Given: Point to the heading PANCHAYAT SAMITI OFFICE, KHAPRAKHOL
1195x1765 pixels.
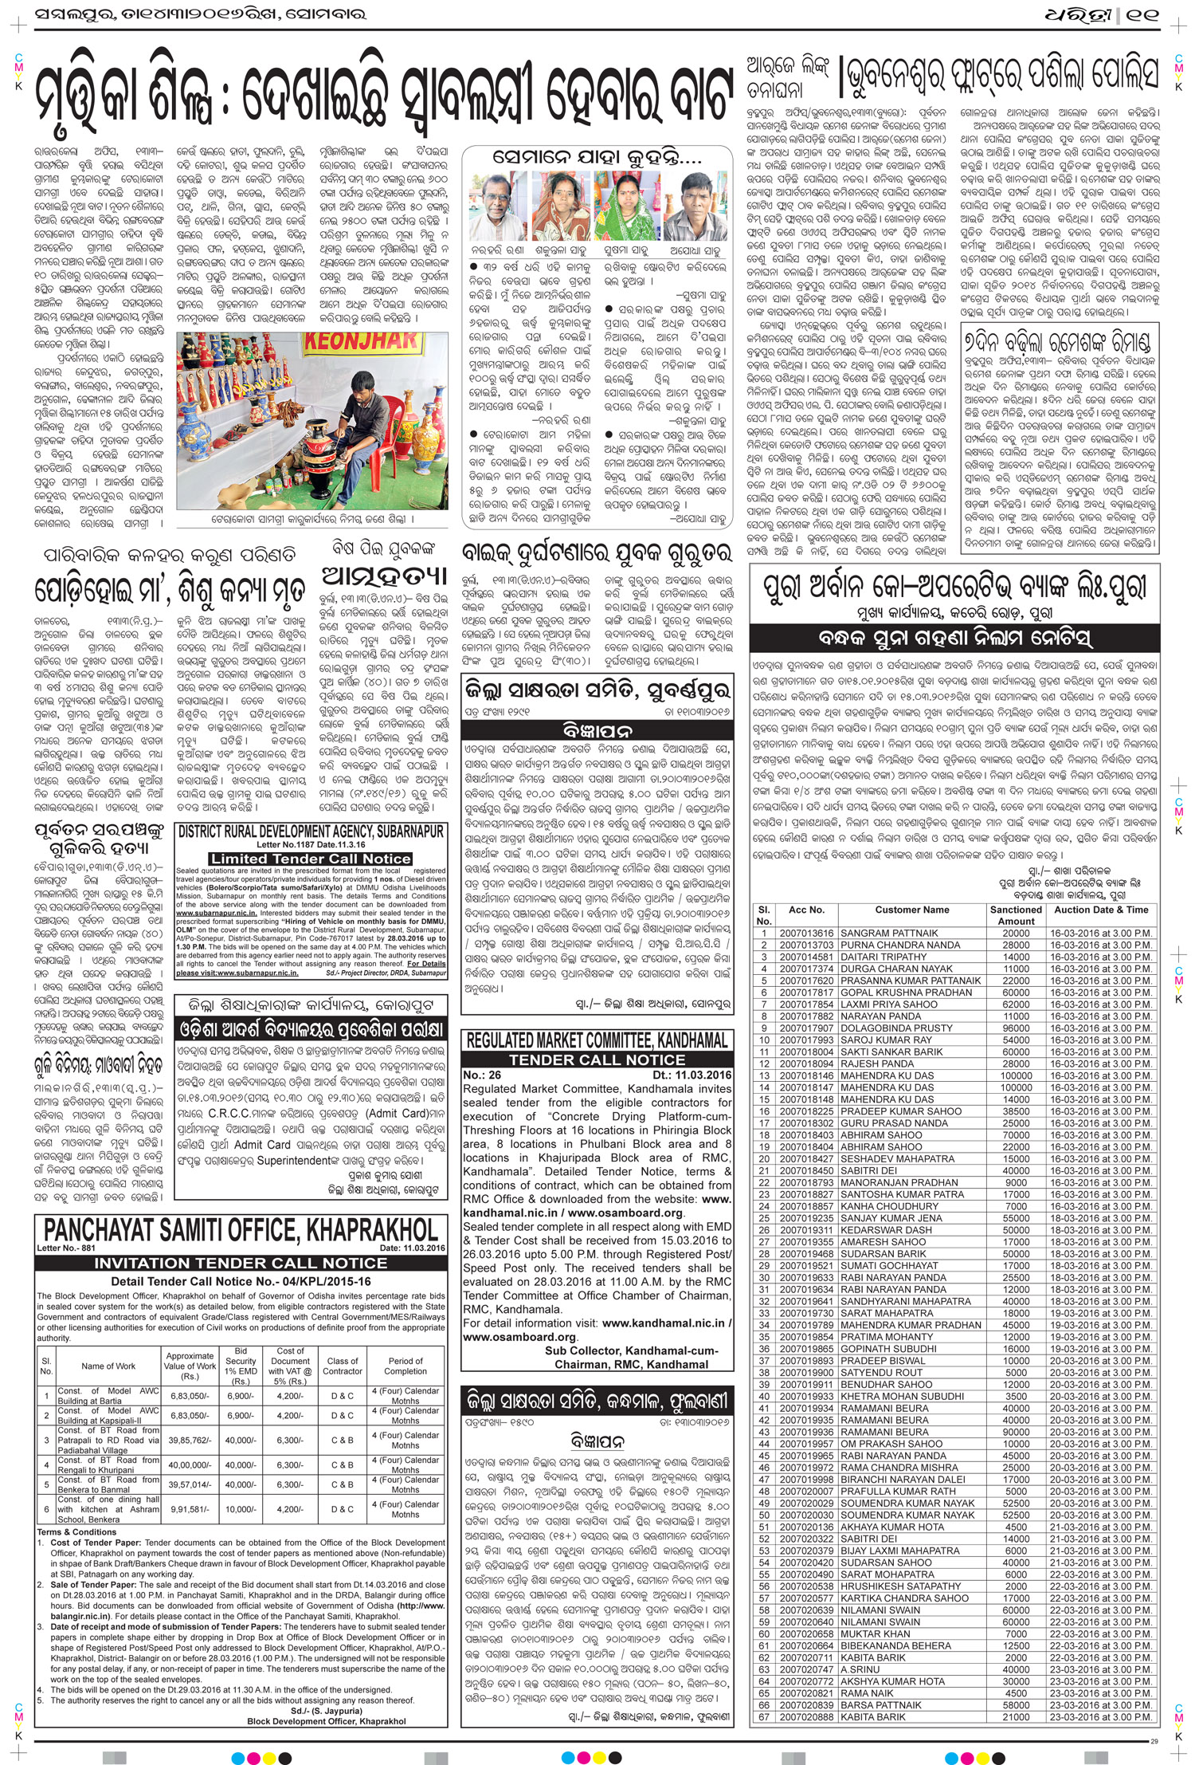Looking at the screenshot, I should (241, 1229).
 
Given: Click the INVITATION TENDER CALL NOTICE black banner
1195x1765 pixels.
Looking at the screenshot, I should (241, 1263).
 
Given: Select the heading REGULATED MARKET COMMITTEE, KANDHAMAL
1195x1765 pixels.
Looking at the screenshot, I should (597, 1040).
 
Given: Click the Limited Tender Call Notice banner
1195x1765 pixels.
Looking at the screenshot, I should (311, 859).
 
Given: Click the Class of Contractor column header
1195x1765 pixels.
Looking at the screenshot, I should (343, 1366).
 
